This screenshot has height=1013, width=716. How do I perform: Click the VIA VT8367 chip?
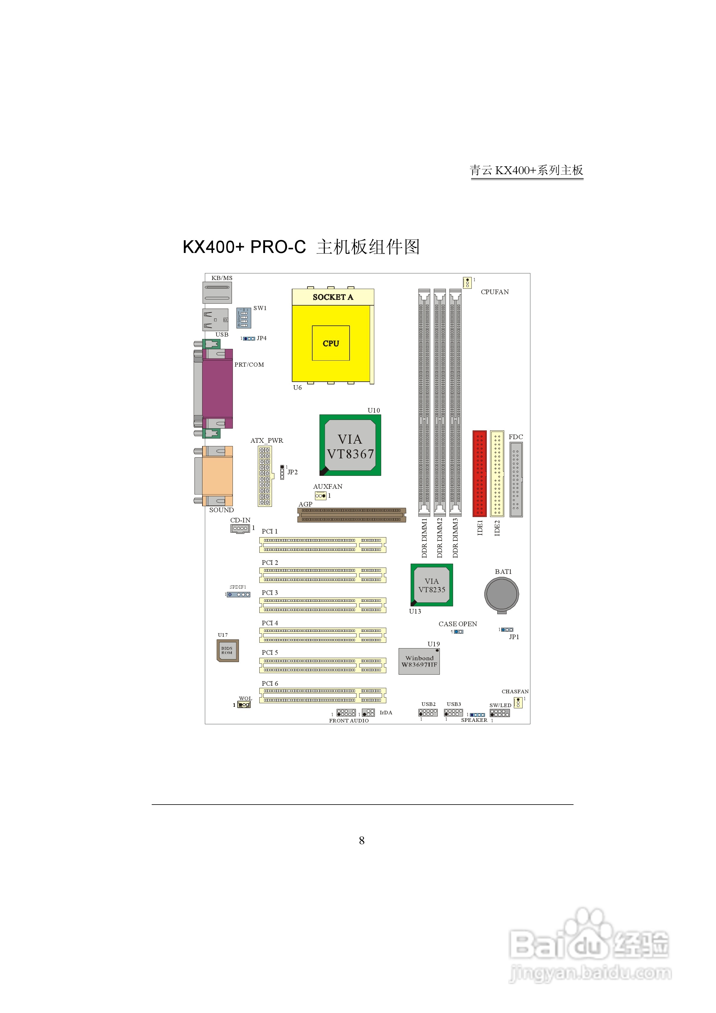pyautogui.click(x=350, y=445)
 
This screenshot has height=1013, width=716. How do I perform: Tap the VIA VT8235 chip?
pyautogui.click(x=432, y=585)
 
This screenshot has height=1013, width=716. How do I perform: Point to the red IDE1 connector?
pyautogui.click(x=480, y=473)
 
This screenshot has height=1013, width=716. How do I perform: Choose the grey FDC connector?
pyautogui.click(x=516, y=480)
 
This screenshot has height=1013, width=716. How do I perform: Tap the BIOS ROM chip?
pyautogui.click(x=227, y=651)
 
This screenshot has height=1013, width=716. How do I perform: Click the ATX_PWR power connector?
pyautogui.click(x=265, y=476)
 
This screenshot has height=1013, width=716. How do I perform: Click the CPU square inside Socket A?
pyautogui.click(x=331, y=343)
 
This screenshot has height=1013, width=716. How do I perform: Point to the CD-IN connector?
pyautogui.click(x=240, y=528)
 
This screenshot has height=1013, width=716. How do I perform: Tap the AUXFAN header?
pyautogui.click(x=320, y=496)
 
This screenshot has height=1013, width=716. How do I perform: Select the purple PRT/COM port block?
pyautogui.click(x=217, y=388)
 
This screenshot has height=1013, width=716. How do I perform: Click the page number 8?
pyautogui.click(x=362, y=840)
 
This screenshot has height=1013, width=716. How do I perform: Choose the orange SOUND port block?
pyautogui.click(x=217, y=476)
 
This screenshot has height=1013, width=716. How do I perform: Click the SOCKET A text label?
pyautogui.click(x=333, y=297)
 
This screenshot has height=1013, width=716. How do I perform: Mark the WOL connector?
pyautogui.click(x=244, y=705)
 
